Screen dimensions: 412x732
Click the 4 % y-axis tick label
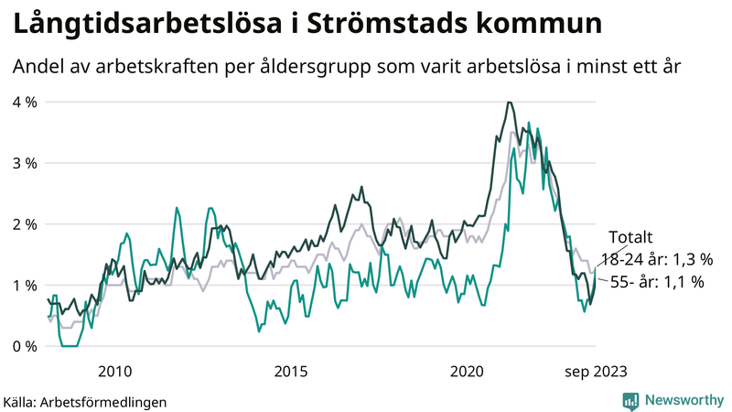coord(24,102)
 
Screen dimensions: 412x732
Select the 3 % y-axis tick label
coord(24,163)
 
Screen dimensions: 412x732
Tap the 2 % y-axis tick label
coord(24,224)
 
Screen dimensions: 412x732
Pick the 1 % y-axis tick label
coord(24,286)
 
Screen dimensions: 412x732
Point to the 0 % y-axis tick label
coord(24,346)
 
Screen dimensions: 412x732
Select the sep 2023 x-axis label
coord(595,371)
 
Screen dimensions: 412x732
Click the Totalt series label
coord(630,238)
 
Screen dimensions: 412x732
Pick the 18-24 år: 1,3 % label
coord(656,260)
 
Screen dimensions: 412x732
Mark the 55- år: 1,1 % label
coord(656,283)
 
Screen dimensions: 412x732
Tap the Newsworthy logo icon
coord(630,400)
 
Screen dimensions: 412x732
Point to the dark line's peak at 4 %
coord(508,103)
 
